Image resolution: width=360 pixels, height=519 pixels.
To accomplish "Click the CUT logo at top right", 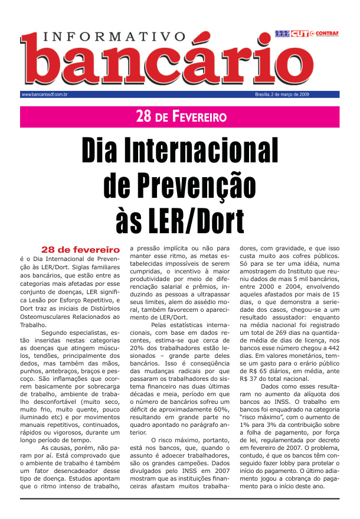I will pos(299,33).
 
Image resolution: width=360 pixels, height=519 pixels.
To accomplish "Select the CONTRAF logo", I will pos(328,33).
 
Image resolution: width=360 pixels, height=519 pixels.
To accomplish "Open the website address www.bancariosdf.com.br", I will pos(44,94).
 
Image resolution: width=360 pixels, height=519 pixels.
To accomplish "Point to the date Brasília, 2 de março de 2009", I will pos(282,94).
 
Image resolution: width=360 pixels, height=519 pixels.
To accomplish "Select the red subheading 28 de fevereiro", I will pos(80,249).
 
